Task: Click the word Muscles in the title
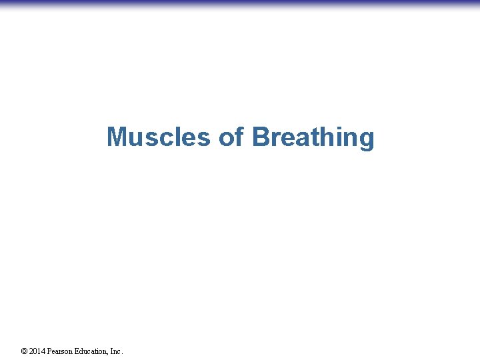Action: click(159, 137)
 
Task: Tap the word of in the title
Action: click(231, 137)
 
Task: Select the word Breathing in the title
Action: click(313, 137)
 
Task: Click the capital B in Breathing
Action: click(261, 137)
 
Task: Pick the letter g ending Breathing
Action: click(366, 139)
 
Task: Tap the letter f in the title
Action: click(239, 137)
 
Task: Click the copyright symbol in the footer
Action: click(24, 351)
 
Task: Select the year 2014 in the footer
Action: click(37, 351)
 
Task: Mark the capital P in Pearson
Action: click(49, 351)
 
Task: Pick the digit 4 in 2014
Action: click(43, 351)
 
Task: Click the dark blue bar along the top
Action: click(240, 3)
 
